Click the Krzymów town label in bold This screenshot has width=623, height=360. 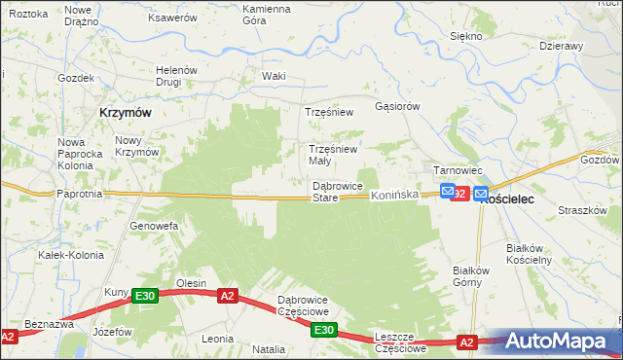(125, 112)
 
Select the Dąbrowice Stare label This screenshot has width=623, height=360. (337, 192)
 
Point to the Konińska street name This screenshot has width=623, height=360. (394, 196)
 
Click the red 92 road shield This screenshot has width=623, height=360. (461, 195)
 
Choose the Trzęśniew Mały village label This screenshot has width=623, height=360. (333, 155)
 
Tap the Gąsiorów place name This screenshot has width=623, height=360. (397, 105)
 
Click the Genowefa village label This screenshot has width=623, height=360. (154, 226)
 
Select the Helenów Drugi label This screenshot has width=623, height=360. (177, 76)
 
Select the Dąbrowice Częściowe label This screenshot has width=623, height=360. (304, 305)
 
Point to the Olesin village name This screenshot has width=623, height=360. (191, 283)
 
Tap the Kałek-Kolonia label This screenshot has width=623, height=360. (64, 255)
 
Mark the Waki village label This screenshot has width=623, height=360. (274, 76)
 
